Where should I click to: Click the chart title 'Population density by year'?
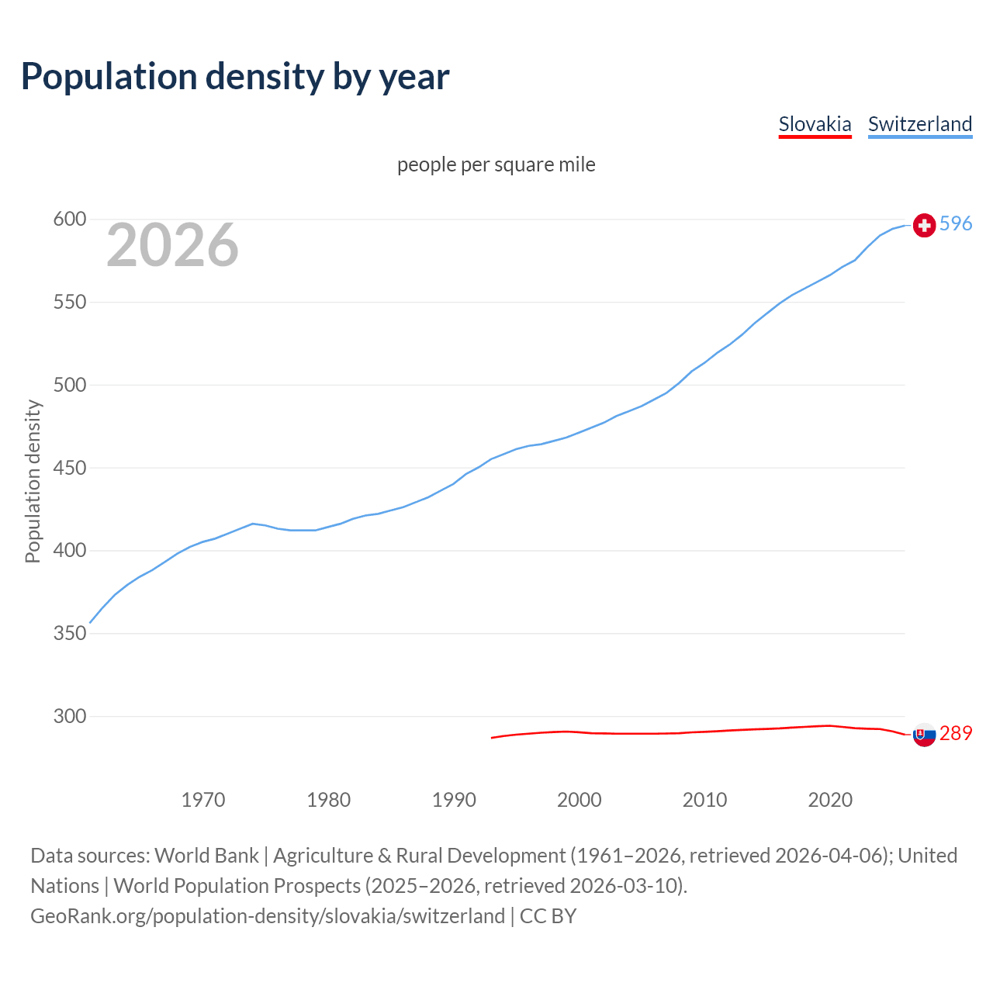235,77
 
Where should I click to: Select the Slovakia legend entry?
815,124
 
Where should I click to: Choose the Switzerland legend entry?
919,124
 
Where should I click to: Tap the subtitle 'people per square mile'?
496,164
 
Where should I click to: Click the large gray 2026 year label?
172,245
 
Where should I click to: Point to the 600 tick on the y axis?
68,220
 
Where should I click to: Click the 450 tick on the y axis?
68,468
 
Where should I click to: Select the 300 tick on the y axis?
68,716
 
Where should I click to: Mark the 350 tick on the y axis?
68,633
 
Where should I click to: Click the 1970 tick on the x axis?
203,799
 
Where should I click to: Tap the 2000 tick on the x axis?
580,799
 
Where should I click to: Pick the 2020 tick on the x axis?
830,799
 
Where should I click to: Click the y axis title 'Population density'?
33,481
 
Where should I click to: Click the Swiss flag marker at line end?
924,225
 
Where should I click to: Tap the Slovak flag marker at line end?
924,735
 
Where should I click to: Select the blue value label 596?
956,224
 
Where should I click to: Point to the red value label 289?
956,734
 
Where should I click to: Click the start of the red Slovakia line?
492,737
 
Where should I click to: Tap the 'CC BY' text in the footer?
548,916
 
